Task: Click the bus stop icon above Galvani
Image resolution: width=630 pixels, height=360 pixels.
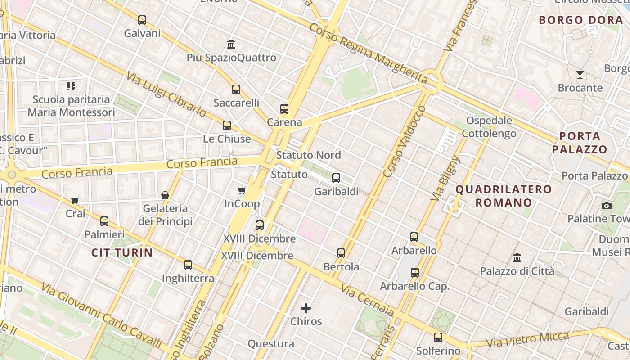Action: click(x=142, y=20)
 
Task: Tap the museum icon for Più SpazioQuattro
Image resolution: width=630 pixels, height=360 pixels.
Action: click(x=232, y=45)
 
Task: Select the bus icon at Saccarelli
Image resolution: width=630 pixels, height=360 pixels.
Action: click(x=236, y=90)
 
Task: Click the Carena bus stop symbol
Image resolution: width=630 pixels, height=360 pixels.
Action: click(x=284, y=109)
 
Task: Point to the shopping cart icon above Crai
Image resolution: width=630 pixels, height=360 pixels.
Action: click(x=75, y=200)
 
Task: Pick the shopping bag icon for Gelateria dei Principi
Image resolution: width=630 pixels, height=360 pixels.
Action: click(x=165, y=195)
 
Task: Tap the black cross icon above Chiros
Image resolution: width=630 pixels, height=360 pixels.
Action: click(x=306, y=308)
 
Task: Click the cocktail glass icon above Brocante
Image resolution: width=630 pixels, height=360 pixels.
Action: click(x=580, y=75)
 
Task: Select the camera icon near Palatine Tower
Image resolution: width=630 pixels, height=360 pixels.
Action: click(x=607, y=206)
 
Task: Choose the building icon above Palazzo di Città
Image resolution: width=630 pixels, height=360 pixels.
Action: click(x=517, y=258)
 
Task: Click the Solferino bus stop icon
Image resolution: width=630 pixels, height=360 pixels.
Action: click(x=438, y=337)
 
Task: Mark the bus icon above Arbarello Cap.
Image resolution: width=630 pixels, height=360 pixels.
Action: click(x=415, y=273)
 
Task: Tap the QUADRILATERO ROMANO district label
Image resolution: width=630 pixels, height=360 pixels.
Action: click(x=504, y=196)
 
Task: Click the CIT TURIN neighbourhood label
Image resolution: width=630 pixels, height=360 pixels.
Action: click(x=122, y=252)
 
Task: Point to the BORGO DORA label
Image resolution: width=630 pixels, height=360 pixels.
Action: click(x=580, y=20)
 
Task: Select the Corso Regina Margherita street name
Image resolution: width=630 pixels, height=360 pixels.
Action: click(x=368, y=54)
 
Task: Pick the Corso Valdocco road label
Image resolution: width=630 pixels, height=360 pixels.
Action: click(x=404, y=141)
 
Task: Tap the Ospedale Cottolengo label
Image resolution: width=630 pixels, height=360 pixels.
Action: click(x=489, y=127)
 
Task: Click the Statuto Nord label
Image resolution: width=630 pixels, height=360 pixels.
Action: click(x=309, y=155)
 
